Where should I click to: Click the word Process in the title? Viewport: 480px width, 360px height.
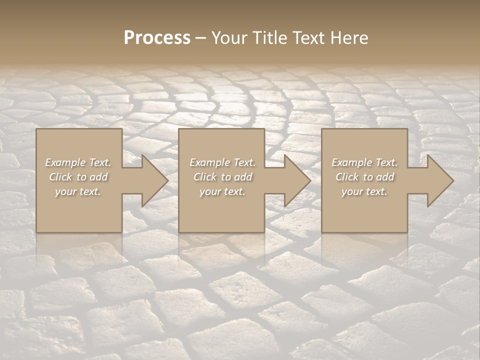(x=157, y=38)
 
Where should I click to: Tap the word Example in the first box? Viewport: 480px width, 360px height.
(x=65, y=162)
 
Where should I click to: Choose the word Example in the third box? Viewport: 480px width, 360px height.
(x=352, y=162)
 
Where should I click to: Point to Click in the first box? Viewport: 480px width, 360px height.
(x=60, y=177)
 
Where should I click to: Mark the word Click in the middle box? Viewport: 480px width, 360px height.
(x=204, y=177)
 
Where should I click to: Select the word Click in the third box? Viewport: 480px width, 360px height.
(x=346, y=177)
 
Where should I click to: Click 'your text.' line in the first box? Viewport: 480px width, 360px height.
(x=78, y=191)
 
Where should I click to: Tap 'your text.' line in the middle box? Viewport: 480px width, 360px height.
(x=222, y=191)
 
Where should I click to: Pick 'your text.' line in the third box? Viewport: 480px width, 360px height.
(x=364, y=191)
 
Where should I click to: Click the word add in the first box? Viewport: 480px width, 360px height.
(x=98, y=177)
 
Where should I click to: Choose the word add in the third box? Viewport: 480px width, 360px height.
(x=385, y=177)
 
